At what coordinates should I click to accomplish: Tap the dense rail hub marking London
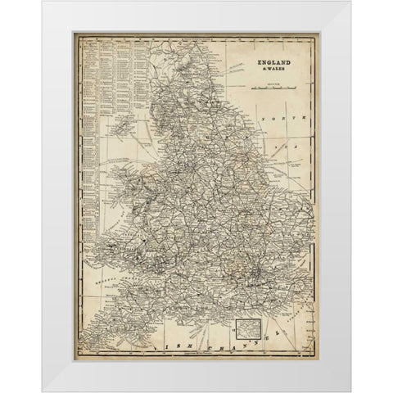point(258,271)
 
